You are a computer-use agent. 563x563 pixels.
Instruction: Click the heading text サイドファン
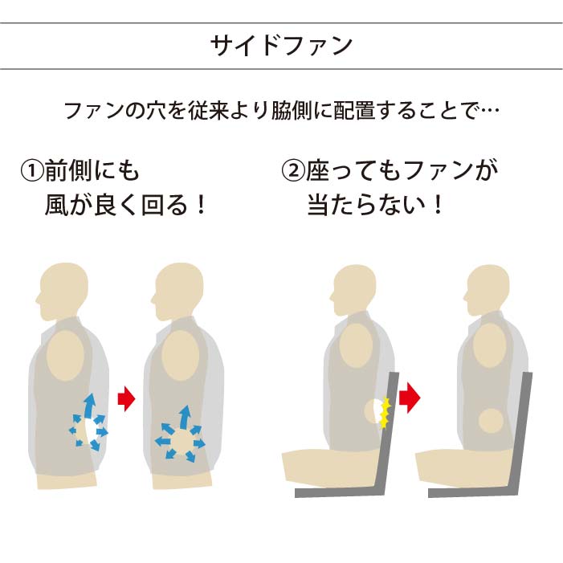tap(281, 45)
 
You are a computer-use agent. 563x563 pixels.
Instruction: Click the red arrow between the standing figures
tap(126, 398)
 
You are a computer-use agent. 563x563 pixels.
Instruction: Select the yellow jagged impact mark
tap(385, 412)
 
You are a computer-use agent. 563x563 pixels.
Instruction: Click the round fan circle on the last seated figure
tap(490, 420)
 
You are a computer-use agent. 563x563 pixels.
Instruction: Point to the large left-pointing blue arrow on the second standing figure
tap(164, 441)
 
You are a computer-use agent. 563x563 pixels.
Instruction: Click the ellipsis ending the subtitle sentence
tap(488, 109)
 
